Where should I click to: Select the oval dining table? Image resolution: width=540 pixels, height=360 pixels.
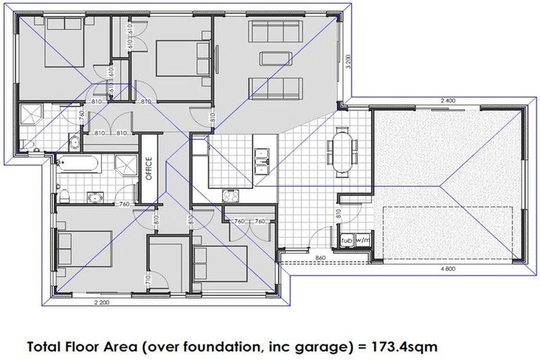click(342, 148)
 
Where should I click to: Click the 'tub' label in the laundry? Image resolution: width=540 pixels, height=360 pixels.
click(345, 240)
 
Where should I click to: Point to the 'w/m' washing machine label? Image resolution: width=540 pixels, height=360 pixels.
click(362, 240)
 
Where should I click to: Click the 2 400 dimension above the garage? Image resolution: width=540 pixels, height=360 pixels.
click(448, 101)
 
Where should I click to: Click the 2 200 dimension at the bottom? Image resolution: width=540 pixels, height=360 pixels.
click(101, 303)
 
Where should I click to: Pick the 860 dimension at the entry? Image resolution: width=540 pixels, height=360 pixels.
click(321, 258)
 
